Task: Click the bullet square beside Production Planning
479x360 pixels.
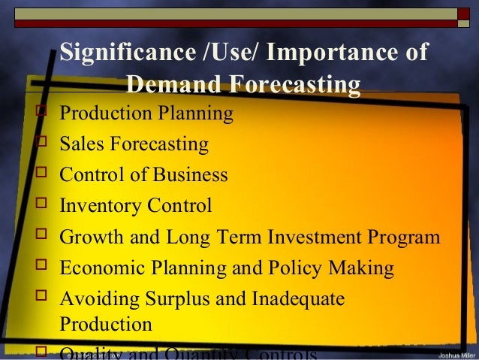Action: coord(41,113)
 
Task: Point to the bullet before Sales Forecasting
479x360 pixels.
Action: coord(41,143)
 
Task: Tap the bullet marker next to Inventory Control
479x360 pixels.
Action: coord(41,205)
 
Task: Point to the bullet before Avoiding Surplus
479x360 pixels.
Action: coord(41,298)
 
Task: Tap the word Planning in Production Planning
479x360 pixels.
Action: coord(196,113)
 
